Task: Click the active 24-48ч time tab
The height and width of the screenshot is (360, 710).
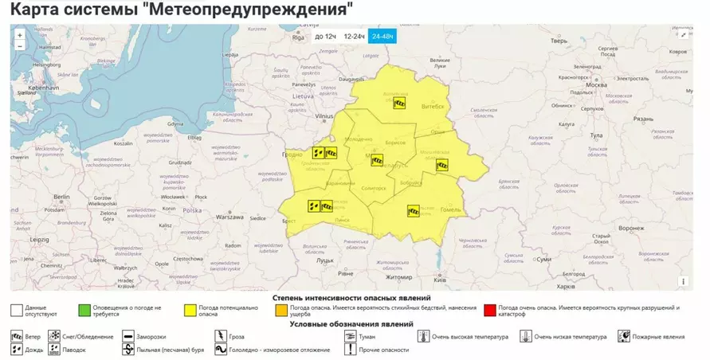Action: [382, 37]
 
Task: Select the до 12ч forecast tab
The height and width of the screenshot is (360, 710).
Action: [325, 37]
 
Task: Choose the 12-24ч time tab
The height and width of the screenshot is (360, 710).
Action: [354, 37]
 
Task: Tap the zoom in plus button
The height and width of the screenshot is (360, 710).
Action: [20, 34]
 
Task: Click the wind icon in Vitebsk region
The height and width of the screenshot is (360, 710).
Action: [400, 103]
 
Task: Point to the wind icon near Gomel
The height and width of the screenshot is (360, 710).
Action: [414, 211]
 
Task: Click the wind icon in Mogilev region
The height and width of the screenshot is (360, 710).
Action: [441, 165]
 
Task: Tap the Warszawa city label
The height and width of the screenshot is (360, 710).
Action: [229, 217]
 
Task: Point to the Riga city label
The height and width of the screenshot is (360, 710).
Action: [298, 37]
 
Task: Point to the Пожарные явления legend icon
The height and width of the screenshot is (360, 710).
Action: [623, 337]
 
